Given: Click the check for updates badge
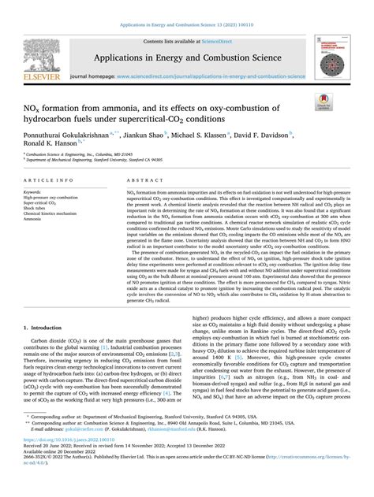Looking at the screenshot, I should coord(323,101).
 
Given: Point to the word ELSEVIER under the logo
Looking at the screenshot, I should coord(36,76).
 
